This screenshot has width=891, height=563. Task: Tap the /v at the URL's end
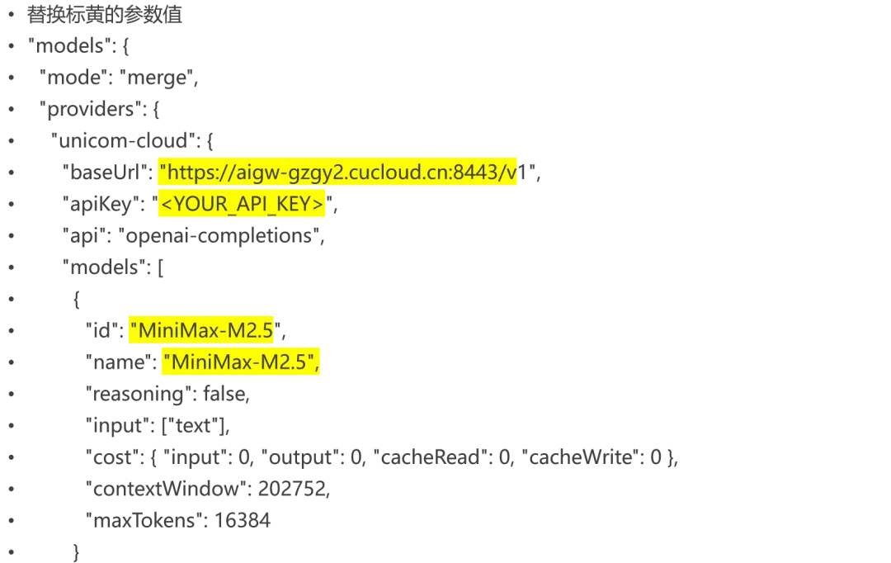click(508, 173)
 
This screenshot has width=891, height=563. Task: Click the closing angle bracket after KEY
click(320, 204)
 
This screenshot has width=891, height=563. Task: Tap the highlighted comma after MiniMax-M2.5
click(317, 364)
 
